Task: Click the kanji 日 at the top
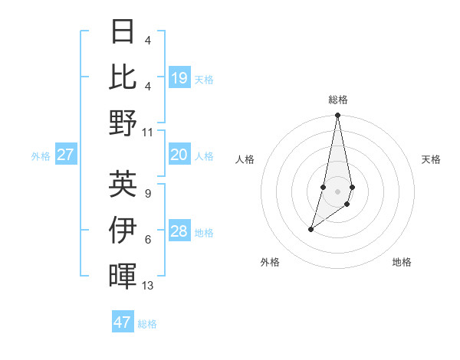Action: point(123,32)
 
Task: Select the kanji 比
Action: point(123,77)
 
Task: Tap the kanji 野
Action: point(123,123)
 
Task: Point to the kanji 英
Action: point(123,184)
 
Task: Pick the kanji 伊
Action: point(123,230)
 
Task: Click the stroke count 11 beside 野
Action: point(148,132)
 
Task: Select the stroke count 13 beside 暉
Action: point(148,286)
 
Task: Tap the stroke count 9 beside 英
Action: point(148,194)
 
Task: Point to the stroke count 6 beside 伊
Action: point(148,240)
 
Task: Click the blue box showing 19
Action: point(179,78)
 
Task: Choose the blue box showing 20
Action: point(179,155)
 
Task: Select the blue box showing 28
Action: point(179,231)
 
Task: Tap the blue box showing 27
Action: point(65,155)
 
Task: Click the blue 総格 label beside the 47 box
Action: point(147,324)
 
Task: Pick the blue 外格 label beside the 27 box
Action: point(41,156)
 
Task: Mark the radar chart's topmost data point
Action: point(337,116)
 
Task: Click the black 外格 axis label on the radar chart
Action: point(270,262)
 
